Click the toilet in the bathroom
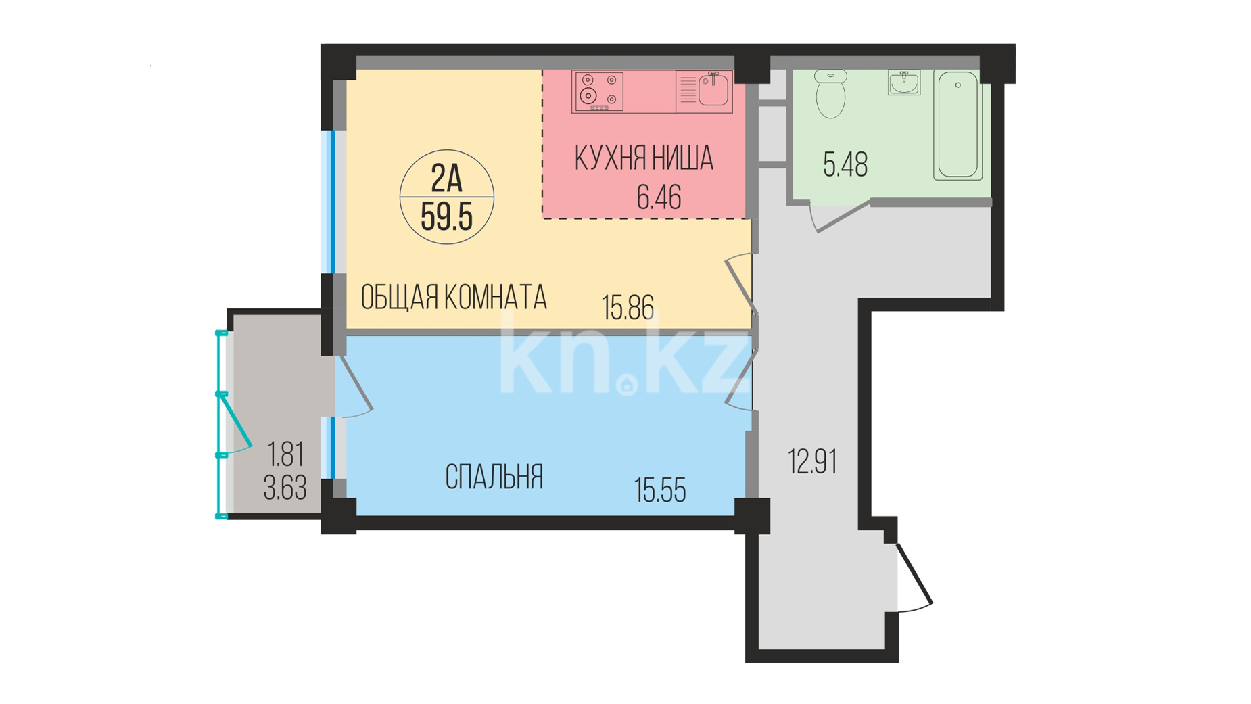[x=830, y=94]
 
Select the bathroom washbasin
[x=904, y=83]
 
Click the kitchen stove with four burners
[x=598, y=91]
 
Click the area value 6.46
[x=659, y=197]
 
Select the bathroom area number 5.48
[x=845, y=165]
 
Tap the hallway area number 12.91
[x=813, y=462]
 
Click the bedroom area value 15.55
[x=660, y=490]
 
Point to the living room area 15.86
[x=628, y=308]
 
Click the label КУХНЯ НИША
[x=644, y=158]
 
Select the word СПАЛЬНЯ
[x=494, y=477]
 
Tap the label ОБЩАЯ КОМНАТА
[x=454, y=298]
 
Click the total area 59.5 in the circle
[x=446, y=216]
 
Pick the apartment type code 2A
[x=446, y=179]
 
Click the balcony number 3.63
[x=285, y=488]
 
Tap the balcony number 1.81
[x=285, y=454]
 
